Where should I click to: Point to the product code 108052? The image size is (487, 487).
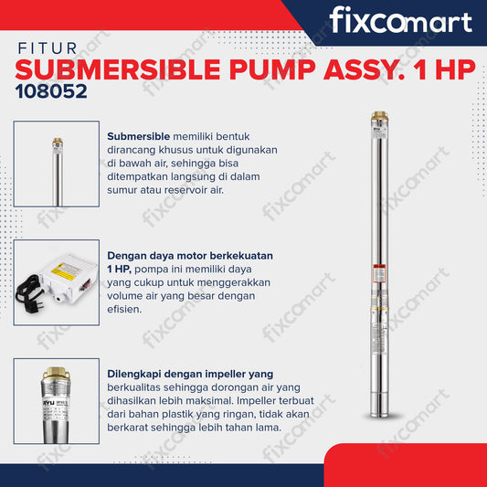[51, 92]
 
